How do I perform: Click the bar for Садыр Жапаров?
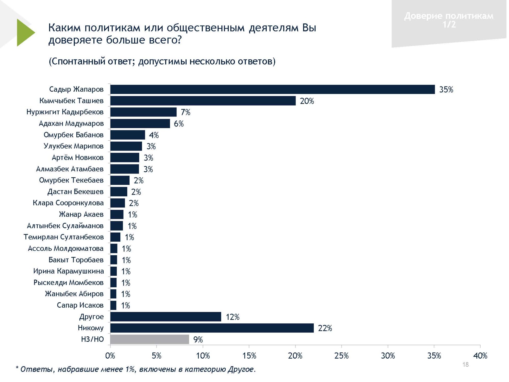coord(273,89)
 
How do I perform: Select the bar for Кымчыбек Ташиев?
coord(203,101)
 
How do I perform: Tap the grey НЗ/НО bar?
coord(150,339)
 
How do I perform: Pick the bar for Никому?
coord(212,328)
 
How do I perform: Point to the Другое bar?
coord(166,317)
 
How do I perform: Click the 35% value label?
coord(446,90)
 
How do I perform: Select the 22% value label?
coord(325,328)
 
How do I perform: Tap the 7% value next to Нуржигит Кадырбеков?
coord(185,112)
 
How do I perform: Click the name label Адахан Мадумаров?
coord(71,123)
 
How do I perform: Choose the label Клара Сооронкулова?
coord(68,203)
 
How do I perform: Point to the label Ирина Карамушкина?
coord(68,271)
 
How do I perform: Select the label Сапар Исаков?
coord(80,305)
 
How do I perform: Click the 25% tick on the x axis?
coord(341,356)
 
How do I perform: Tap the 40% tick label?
coord(480,356)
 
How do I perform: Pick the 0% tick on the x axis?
coord(110,356)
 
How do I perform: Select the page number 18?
coord(466,364)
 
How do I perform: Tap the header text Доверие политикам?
coord(449,16)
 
